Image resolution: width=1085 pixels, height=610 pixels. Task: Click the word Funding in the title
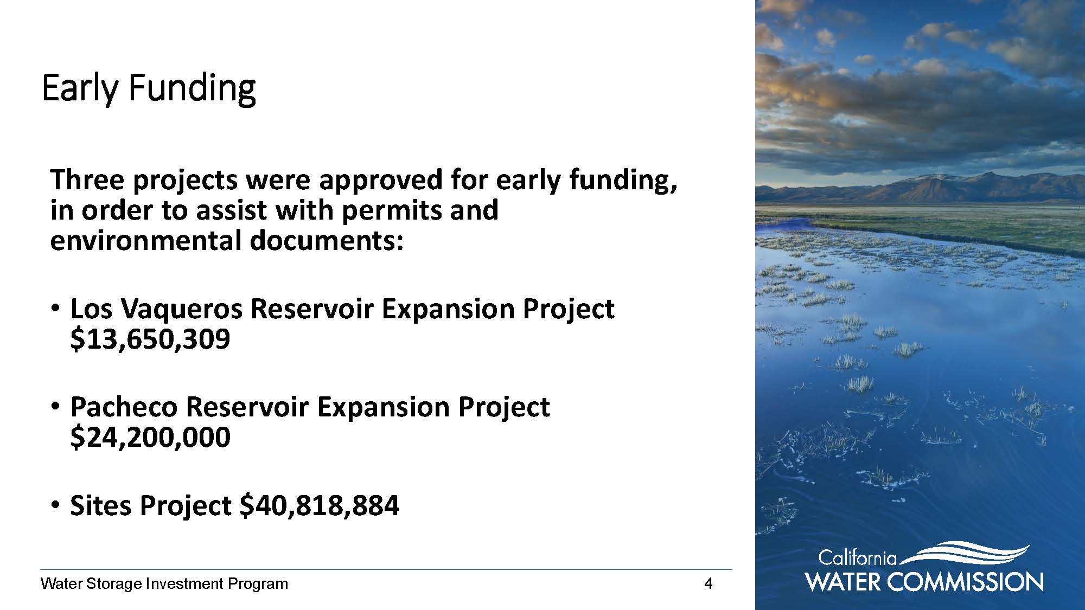pyautogui.click(x=192, y=88)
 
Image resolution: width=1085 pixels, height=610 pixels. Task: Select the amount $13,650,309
pyautogui.click(x=150, y=339)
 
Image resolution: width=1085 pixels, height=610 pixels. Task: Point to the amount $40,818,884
pyautogui.click(x=320, y=506)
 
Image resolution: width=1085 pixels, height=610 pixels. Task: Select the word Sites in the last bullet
pyautogui.click(x=101, y=505)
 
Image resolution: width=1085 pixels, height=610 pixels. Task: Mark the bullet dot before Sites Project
pyautogui.click(x=54, y=505)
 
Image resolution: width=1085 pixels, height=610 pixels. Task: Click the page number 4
pyautogui.click(x=708, y=583)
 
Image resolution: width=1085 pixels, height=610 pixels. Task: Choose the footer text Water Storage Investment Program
pyautogui.click(x=164, y=584)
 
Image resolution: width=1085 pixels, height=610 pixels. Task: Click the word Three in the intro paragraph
pyautogui.click(x=87, y=179)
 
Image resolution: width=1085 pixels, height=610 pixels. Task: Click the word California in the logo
pyautogui.click(x=858, y=558)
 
